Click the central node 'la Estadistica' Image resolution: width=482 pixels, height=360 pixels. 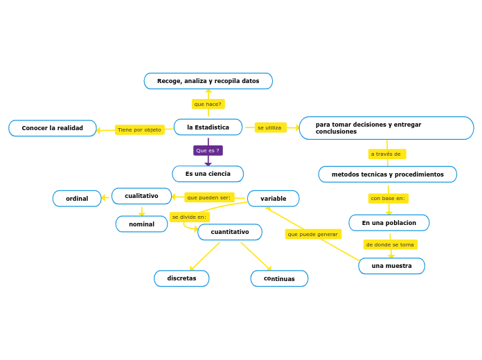tap(208, 127)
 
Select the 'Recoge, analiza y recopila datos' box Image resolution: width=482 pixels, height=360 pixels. tap(208, 81)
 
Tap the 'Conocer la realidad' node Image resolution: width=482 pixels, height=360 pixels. tap(53, 128)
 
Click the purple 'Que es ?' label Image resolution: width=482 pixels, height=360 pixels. tap(208, 150)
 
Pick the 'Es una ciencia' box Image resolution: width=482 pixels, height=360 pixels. tap(208, 174)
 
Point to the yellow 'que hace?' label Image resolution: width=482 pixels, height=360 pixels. tap(208, 104)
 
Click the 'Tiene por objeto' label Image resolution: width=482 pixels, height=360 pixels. tap(139, 129)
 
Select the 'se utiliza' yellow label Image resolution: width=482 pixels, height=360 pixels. tap(270, 127)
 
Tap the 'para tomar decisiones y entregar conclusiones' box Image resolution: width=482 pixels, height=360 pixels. tap(386, 128)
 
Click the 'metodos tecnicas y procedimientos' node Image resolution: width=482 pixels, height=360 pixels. tap(387, 174)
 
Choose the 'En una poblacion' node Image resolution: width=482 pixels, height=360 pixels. tap(389, 223)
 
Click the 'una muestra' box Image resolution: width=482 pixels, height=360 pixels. tap(391, 266)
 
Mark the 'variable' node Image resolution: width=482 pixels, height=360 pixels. tap(273, 199)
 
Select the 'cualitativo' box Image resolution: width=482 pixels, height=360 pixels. tap(141, 196)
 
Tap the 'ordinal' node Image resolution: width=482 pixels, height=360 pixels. tap(77, 199)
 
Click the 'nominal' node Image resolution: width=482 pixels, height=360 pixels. tap(141, 224)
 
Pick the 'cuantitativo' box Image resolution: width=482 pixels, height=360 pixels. tap(230, 232)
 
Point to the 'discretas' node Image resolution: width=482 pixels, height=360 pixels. tap(181, 278)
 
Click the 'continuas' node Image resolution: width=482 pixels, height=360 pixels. tap(279, 278)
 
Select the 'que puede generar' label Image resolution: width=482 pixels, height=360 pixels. tap(313, 234)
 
